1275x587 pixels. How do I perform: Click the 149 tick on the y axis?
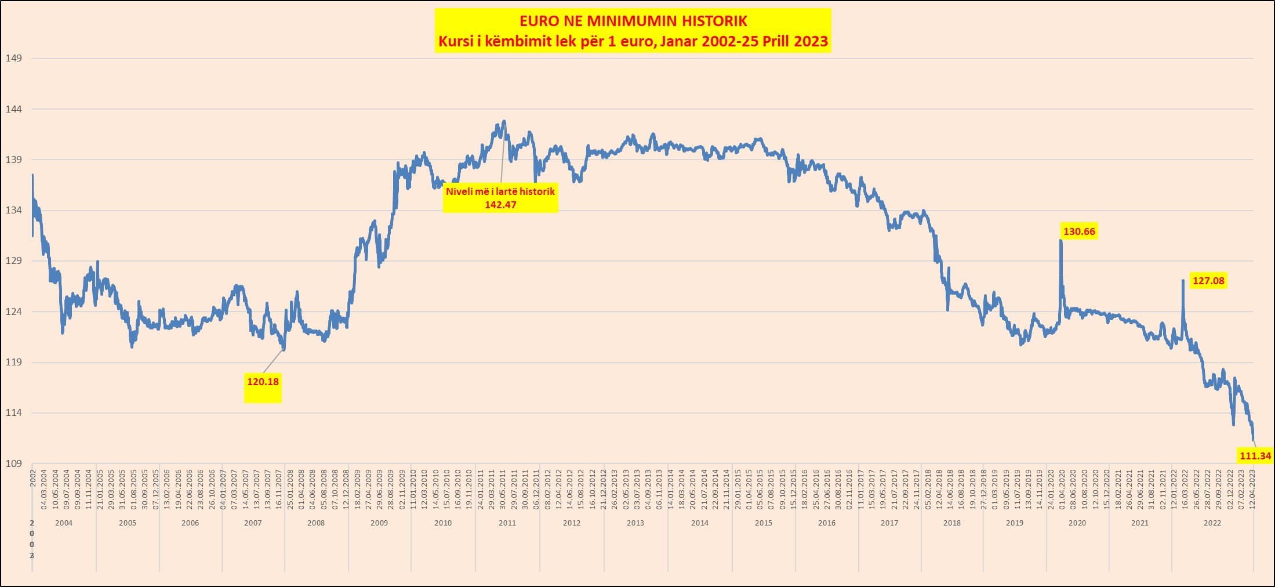click(x=13, y=58)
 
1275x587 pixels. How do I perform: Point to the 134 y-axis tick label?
click(x=13, y=210)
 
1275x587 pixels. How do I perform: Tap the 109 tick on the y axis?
click(x=13, y=463)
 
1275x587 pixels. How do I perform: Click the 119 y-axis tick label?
click(x=13, y=362)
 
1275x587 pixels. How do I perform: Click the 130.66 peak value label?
click(x=1079, y=231)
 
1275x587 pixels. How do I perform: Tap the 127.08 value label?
click(x=1208, y=281)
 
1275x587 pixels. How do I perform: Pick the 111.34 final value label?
click(x=1255, y=456)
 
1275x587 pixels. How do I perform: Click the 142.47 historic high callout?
click(x=500, y=198)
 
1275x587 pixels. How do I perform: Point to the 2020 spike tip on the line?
click(x=1061, y=240)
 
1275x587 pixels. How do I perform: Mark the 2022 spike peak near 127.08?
click(x=1183, y=281)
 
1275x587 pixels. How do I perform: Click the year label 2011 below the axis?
click(x=507, y=523)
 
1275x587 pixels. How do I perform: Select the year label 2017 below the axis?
click(x=889, y=523)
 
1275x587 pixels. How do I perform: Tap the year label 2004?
click(x=64, y=523)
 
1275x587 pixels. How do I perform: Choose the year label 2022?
click(x=1212, y=523)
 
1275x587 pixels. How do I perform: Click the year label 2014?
click(x=700, y=523)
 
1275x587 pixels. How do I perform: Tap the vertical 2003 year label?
click(x=32, y=539)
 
